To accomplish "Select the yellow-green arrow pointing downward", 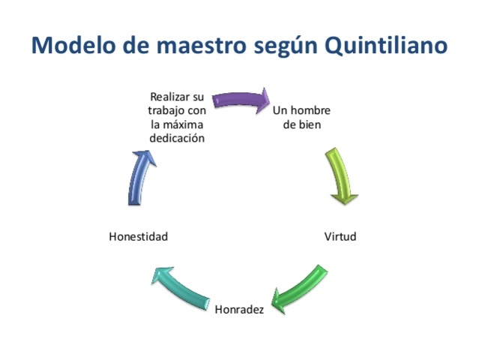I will click(x=342, y=178).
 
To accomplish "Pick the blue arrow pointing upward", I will click(x=140, y=178).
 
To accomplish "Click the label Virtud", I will click(x=340, y=237).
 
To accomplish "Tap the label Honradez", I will click(x=239, y=309).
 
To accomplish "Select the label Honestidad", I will click(x=138, y=237).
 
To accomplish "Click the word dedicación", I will click(x=176, y=138).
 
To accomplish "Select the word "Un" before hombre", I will click(x=280, y=111).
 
